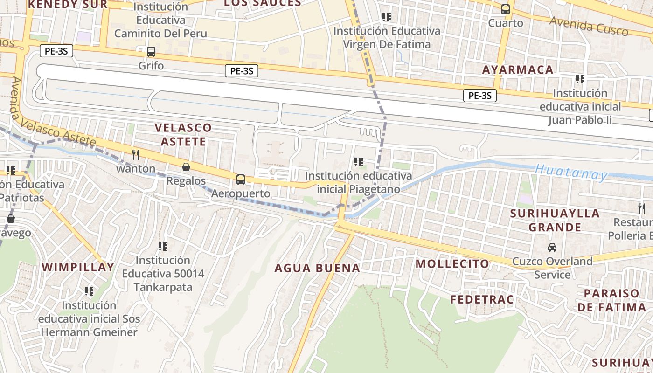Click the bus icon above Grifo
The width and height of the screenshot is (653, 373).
coord(151,52)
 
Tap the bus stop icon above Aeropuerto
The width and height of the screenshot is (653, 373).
coord(241,179)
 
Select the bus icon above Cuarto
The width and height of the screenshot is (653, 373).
coord(506,9)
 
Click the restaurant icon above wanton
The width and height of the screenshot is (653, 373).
coord(136,155)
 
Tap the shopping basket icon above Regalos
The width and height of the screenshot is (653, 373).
coord(186,167)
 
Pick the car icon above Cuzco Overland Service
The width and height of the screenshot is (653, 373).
coord(552,247)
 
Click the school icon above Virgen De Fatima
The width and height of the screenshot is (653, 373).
coord(387,17)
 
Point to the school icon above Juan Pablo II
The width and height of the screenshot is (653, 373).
coord(580,79)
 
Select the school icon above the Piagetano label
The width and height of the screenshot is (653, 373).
coord(358,162)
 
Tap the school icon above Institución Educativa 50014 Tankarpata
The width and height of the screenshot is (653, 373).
coord(163,246)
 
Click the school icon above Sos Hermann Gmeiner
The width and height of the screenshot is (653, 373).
coord(89,291)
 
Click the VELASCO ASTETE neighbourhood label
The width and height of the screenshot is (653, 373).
coord(183,134)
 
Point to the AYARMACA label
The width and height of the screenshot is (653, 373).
coord(518,70)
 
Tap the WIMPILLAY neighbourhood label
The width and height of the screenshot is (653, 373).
coord(78,267)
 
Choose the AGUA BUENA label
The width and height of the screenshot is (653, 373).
coord(317,268)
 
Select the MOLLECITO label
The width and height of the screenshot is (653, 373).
coord(452,264)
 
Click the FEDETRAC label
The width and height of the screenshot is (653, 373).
coord(482,299)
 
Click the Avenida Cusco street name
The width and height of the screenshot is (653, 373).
coord(589,26)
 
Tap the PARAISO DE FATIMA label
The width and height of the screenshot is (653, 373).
coord(611,300)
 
